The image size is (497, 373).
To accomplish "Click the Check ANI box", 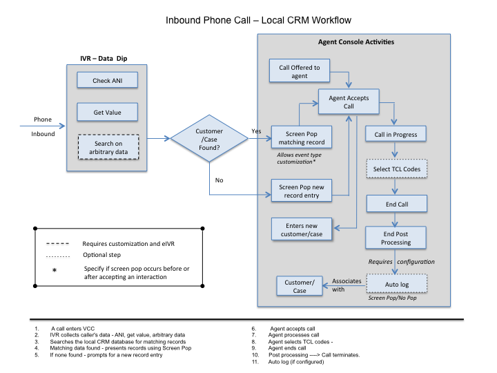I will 107,81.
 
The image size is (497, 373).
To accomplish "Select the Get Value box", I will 107,112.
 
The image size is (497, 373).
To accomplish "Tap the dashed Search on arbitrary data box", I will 107,146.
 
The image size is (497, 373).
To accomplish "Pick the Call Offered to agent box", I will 299,72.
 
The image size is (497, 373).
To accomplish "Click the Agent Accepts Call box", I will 349,102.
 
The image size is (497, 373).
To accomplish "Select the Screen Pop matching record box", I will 300,137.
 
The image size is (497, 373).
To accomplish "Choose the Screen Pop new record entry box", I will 300,191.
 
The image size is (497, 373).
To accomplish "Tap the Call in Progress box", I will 396,134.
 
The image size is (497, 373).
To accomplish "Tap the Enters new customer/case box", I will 300,230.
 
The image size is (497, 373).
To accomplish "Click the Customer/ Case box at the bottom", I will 300,286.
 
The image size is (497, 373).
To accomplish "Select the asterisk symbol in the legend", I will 55,271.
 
